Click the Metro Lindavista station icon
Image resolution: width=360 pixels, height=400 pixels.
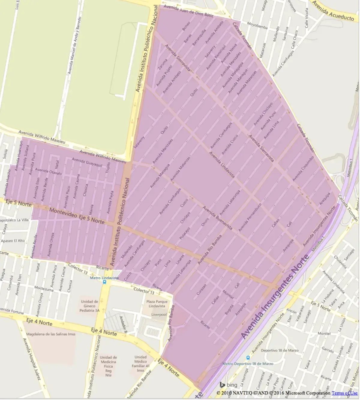[x=104, y=282]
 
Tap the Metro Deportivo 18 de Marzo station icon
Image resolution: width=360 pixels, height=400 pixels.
[x=248, y=358]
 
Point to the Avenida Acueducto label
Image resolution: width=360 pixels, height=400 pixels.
[x=333, y=13]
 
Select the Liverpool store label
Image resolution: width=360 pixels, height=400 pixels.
[x=159, y=315]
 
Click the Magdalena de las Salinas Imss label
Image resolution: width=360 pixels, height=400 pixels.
[x=51, y=334]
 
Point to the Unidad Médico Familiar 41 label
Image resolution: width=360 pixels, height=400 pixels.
[x=140, y=363]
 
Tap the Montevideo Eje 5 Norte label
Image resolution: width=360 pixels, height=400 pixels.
[x=77, y=216]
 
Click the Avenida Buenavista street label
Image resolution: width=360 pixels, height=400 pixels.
[x=217, y=218]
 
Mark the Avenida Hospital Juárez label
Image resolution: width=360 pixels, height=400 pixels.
[x=31, y=359]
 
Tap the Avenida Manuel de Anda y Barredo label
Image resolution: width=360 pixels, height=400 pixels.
[x=74, y=45]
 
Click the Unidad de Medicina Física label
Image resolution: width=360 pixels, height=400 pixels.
[x=108, y=366]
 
